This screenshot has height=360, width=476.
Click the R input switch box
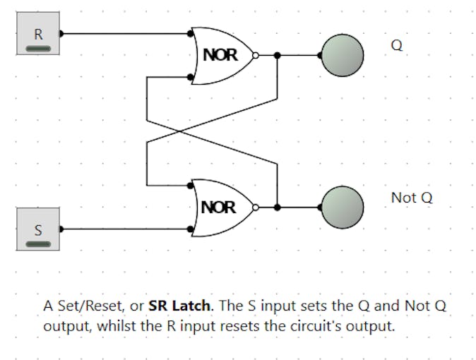(x=38, y=33)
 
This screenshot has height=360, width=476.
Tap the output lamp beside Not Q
(x=343, y=207)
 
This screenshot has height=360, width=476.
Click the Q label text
(x=396, y=44)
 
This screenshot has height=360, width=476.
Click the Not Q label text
(x=411, y=198)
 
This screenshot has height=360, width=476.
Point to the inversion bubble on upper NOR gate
(x=256, y=54)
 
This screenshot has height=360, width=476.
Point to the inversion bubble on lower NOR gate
(x=256, y=207)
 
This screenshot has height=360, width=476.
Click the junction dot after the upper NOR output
(x=278, y=54)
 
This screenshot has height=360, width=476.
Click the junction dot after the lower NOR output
(x=278, y=207)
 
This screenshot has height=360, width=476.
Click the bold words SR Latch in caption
(x=179, y=306)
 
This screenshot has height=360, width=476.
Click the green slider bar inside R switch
(x=38, y=48)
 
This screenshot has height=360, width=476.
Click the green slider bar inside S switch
(x=38, y=244)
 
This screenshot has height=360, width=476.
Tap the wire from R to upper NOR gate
(x=127, y=32)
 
